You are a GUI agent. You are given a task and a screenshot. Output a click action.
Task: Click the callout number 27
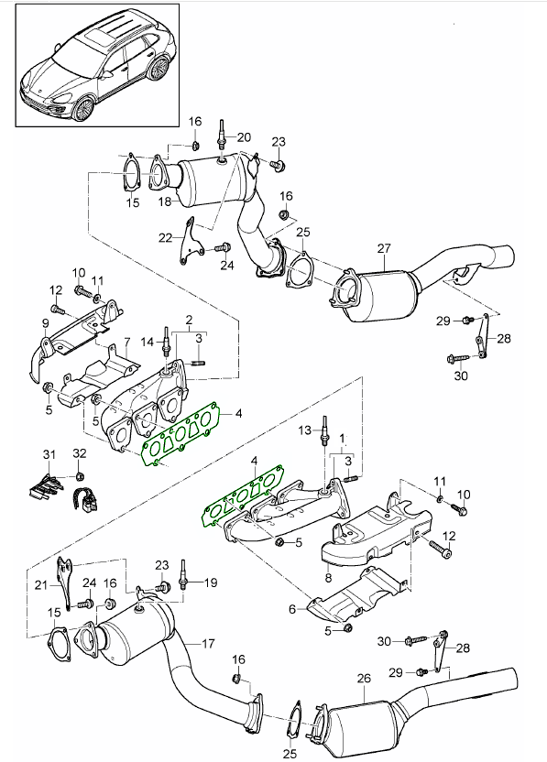pyautogui.click(x=384, y=248)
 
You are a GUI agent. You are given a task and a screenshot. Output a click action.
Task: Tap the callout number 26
pyautogui.click(x=364, y=678)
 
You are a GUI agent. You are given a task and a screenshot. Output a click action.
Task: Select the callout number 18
pyautogui.click(x=165, y=201)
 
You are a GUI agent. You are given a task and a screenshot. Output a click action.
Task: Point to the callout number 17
pyautogui.click(x=208, y=644)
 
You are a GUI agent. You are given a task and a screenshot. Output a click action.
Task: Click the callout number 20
pyautogui.click(x=244, y=137)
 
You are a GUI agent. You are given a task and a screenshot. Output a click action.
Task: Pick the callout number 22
pyautogui.click(x=166, y=237)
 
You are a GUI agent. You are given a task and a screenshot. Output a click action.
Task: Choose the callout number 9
pyautogui.click(x=45, y=323)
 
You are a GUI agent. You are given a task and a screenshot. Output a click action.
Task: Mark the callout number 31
pyautogui.click(x=49, y=455)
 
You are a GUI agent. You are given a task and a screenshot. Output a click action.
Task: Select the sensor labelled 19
pyautogui.click(x=183, y=575)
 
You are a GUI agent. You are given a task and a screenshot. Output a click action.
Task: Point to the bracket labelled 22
pyautogui.click(x=190, y=242)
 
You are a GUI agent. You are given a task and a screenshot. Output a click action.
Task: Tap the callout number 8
pyautogui.click(x=329, y=578)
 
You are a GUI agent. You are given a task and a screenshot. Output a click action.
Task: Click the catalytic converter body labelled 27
pyautogui.click(x=375, y=294)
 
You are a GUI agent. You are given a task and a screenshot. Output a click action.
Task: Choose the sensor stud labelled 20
pyautogui.click(x=222, y=138)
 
